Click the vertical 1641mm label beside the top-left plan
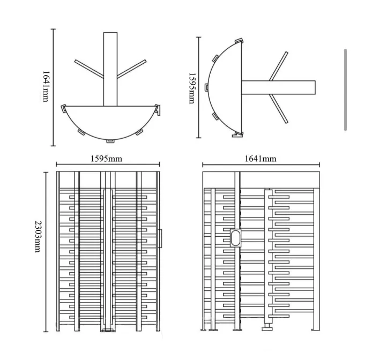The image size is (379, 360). coord(46,86)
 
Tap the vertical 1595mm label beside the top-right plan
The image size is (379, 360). coord(192,88)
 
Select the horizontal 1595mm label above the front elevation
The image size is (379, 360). coord(106,159)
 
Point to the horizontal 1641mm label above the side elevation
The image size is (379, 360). coord(261,159)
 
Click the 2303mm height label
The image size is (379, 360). coord(38,236)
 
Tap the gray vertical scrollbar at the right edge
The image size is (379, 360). coord(345,89)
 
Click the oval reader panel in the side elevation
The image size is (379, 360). coord(236,238)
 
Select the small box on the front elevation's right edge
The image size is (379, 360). coord(160,238)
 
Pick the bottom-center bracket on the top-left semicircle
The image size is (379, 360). coord(110,141)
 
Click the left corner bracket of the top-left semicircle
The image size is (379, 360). coord(64,109)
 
